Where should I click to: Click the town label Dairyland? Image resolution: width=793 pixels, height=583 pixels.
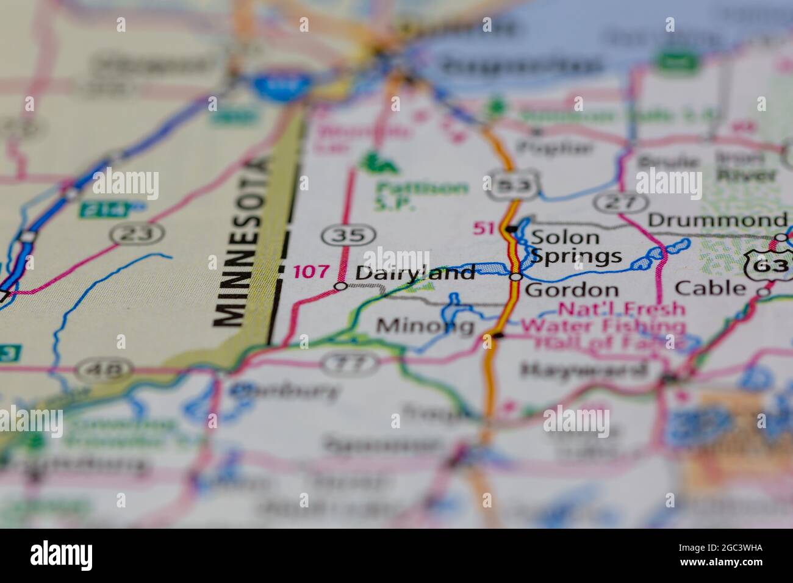point(415,273)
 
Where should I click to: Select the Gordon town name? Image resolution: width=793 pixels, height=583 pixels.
point(572,289)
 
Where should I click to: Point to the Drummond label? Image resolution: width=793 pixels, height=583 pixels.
point(717,220)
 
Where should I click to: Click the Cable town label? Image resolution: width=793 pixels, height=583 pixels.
point(711,288)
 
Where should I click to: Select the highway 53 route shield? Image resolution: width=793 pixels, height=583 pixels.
point(512,184)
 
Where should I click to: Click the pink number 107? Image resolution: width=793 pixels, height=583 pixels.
point(311,271)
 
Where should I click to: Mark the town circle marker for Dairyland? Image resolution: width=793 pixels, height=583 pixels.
point(341,286)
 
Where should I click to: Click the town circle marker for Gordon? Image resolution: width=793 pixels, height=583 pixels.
point(515,277)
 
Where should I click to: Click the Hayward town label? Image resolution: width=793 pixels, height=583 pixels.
point(583,370)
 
